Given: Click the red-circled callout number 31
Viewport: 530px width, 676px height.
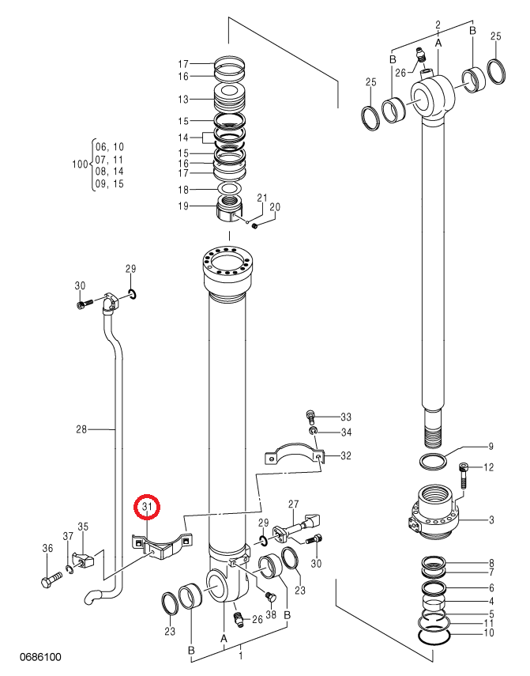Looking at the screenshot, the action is coord(147,507).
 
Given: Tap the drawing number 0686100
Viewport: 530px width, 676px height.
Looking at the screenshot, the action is coord(40,657).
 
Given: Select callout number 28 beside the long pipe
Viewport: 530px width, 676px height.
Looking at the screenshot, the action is coord(81,429).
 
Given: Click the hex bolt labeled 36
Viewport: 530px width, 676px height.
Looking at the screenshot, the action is coord(51,579).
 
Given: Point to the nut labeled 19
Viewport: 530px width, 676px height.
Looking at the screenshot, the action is coord(230,210).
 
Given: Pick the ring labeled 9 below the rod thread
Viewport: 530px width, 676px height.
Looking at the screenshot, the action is coord(433,462).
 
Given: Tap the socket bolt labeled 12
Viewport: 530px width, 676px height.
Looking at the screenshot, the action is coord(464,475).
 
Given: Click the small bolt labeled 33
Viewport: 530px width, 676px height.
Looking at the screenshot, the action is coord(310,416).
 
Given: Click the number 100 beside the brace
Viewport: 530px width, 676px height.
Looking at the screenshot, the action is coord(80,164).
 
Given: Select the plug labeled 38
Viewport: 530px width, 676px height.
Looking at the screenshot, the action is coord(270,596).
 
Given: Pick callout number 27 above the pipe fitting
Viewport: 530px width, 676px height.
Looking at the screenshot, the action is coord(293,504).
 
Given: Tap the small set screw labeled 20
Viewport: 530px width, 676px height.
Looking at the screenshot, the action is coord(255,225).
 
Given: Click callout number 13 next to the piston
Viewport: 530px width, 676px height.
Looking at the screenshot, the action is coord(183,99).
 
